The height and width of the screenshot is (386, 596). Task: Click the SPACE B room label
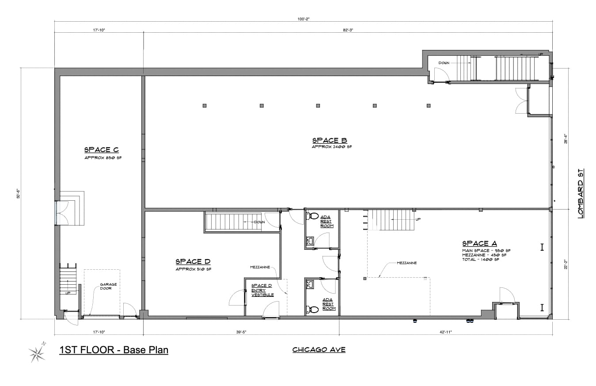point(329,141)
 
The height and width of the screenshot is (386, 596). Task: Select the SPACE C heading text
point(101,150)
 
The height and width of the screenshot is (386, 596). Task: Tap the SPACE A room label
point(479,244)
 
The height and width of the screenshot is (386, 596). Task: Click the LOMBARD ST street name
point(581,193)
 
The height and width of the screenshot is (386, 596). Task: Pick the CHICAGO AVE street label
point(319,350)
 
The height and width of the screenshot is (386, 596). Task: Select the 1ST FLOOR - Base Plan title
point(114,350)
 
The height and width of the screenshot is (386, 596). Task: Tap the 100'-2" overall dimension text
point(304,19)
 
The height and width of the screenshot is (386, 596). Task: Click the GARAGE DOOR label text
point(108,287)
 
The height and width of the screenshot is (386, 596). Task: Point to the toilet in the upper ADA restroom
point(313,216)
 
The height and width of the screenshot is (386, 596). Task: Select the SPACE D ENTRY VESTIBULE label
point(262,290)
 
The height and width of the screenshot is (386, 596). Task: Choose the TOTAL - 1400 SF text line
point(480,260)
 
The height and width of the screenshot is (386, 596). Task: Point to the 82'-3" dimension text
point(348,30)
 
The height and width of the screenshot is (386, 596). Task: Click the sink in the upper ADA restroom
point(311,241)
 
